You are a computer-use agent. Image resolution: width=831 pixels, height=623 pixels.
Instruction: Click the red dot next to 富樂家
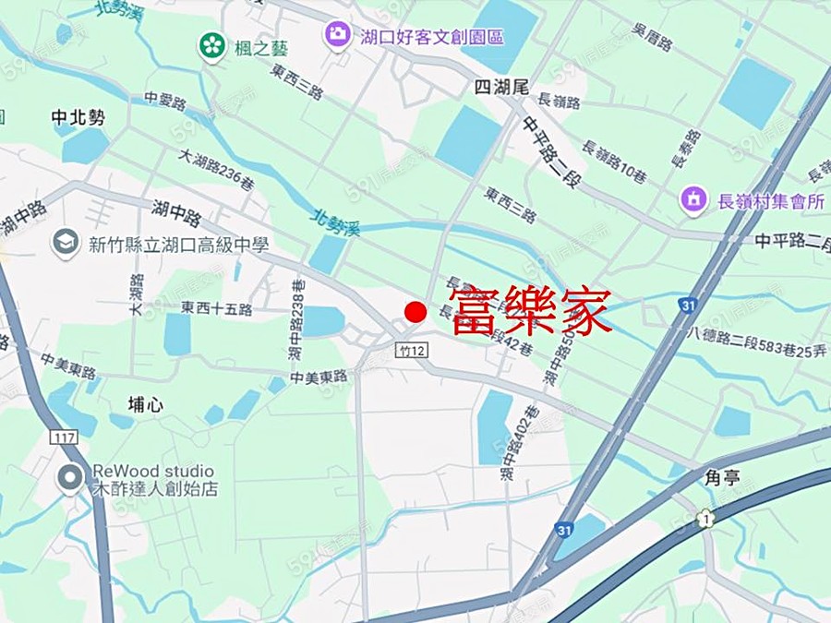coord(415,312)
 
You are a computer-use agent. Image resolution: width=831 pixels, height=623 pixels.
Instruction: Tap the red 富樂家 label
coord(531,311)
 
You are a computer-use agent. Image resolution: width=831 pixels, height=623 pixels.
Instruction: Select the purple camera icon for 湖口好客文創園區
coord(337,36)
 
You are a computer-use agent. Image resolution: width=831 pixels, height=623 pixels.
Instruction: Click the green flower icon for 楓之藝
coord(212,44)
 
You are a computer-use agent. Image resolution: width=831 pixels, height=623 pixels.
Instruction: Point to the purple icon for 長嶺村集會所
coord(692,198)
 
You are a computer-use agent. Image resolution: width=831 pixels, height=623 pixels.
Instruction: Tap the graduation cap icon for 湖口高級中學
coord(66,244)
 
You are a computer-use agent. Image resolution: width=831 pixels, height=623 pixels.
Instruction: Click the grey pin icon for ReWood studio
coord(69,479)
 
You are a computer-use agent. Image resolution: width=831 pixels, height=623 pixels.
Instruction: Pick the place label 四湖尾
coord(500,88)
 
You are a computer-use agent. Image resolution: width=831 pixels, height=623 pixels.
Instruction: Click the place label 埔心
coord(146,404)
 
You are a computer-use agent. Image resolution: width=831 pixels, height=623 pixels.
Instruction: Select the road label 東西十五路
coord(216,308)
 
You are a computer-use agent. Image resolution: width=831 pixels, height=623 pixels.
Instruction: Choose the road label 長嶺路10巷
coord(614,162)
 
